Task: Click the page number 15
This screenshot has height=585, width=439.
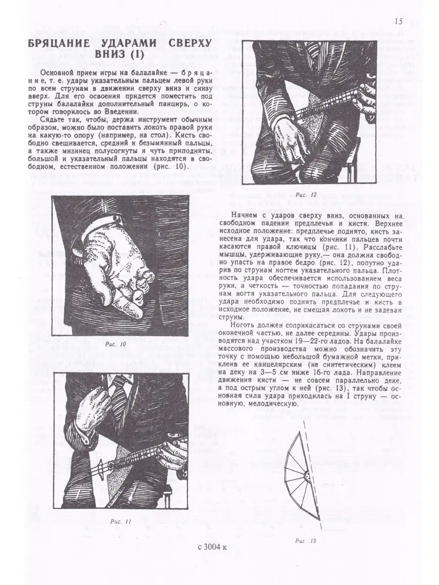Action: click(x=399, y=22)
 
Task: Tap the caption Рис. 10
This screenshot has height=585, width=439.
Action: click(x=115, y=344)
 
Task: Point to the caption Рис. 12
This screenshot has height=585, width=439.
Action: click(x=306, y=194)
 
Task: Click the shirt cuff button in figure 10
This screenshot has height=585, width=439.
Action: click(x=117, y=218)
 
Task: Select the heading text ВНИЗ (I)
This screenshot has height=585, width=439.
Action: click(x=120, y=54)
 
